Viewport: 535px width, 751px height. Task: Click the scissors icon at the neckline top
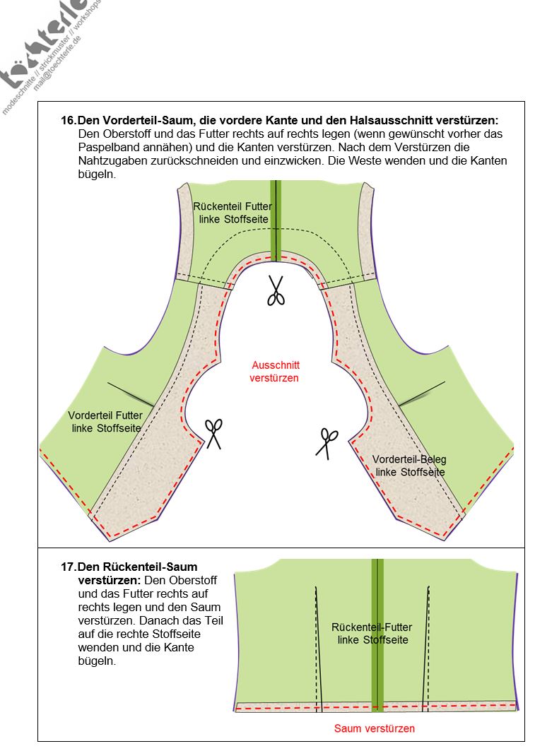click(276, 290)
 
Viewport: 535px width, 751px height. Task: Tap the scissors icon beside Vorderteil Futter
click(213, 434)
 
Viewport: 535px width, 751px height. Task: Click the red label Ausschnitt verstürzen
click(275, 372)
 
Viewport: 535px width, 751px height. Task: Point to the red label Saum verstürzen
click(374, 728)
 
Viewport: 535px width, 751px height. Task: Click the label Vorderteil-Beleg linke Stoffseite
click(409, 466)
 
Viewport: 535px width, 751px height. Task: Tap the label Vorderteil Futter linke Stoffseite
click(105, 422)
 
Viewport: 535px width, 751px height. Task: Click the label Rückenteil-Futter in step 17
click(372, 633)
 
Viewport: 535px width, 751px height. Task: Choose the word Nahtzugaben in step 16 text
click(111, 161)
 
